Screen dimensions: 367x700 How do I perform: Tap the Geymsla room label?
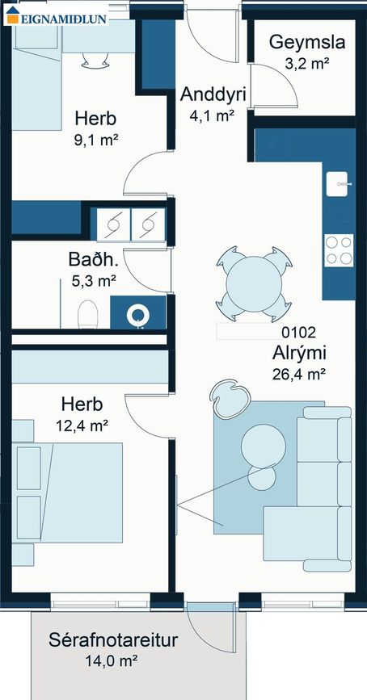[x=307, y=43]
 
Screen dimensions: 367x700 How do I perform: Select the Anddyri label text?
[x=213, y=95]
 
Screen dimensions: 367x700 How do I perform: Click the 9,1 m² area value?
[x=95, y=140]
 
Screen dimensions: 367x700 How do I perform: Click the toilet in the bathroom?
[x=87, y=314]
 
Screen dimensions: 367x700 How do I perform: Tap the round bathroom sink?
[x=137, y=315]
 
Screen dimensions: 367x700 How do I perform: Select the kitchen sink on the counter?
[x=340, y=183]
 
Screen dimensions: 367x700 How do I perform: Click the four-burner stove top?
[x=339, y=250]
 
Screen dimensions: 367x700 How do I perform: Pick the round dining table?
[x=254, y=284]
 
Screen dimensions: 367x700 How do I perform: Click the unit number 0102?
[x=298, y=332]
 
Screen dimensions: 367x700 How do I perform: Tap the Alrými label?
[x=299, y=353]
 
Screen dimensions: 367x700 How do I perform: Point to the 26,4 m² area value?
[x=298, y=374]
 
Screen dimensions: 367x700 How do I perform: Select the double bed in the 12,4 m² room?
[x=67, y=493]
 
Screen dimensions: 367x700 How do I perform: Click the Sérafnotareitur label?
[x=113, y=640]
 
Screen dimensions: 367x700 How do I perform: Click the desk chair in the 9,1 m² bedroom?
[x=95, y=60]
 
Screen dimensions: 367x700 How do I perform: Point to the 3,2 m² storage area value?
[x=307, y=64]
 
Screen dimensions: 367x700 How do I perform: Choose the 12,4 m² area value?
[x=82, y=425]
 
